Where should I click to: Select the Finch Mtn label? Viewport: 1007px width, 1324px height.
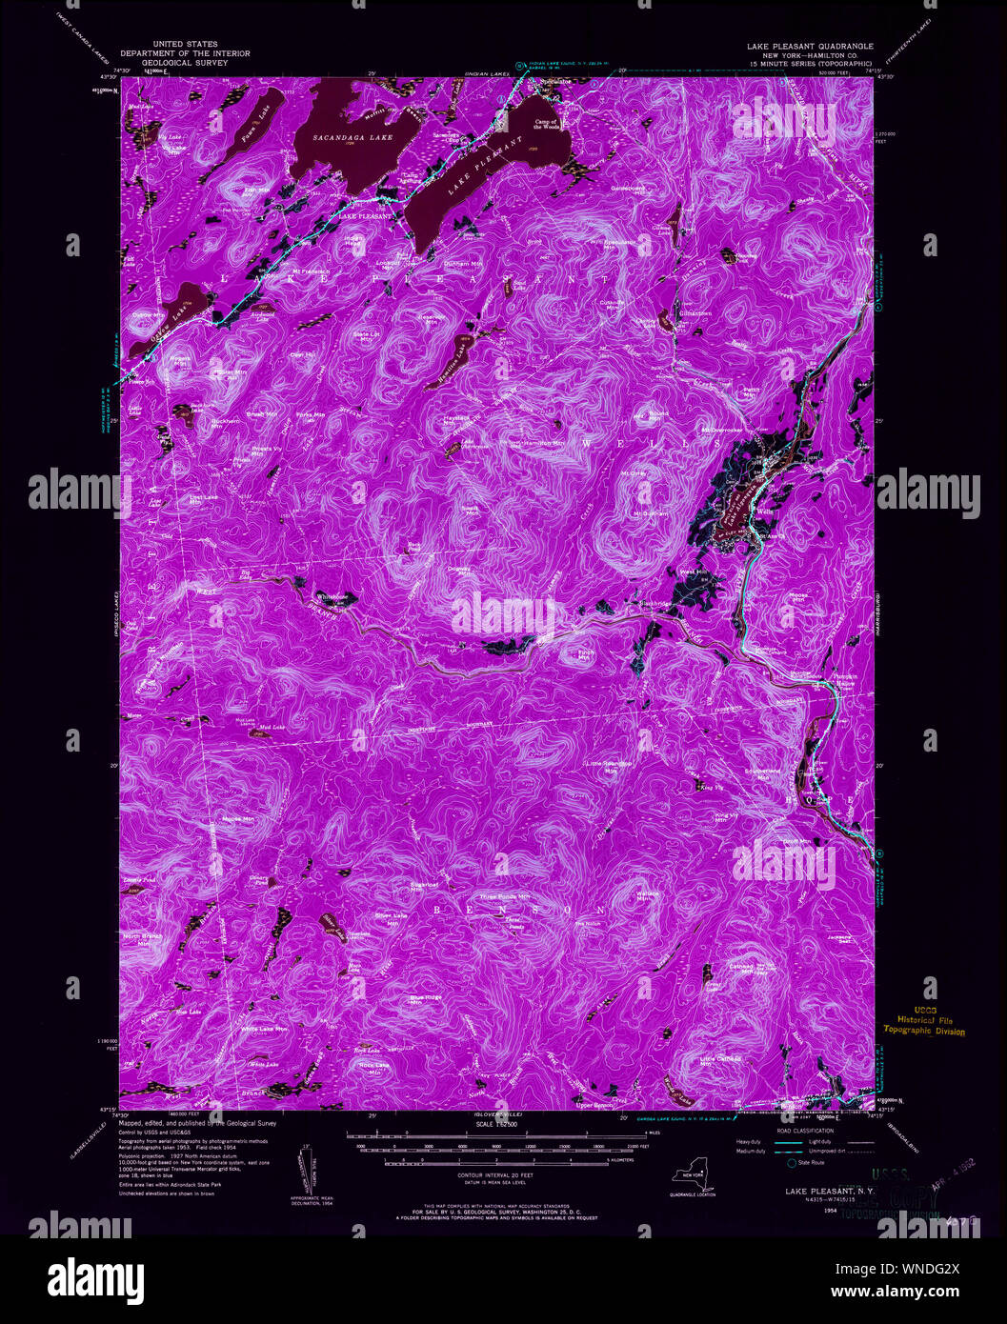(x=586, y=654)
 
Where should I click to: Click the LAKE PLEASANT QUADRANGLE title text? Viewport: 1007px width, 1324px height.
(x=810, y=45)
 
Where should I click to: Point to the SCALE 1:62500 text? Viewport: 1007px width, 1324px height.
(x=496, y=1125)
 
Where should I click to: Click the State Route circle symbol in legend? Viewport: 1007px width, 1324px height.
(x=789, y=1162)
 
